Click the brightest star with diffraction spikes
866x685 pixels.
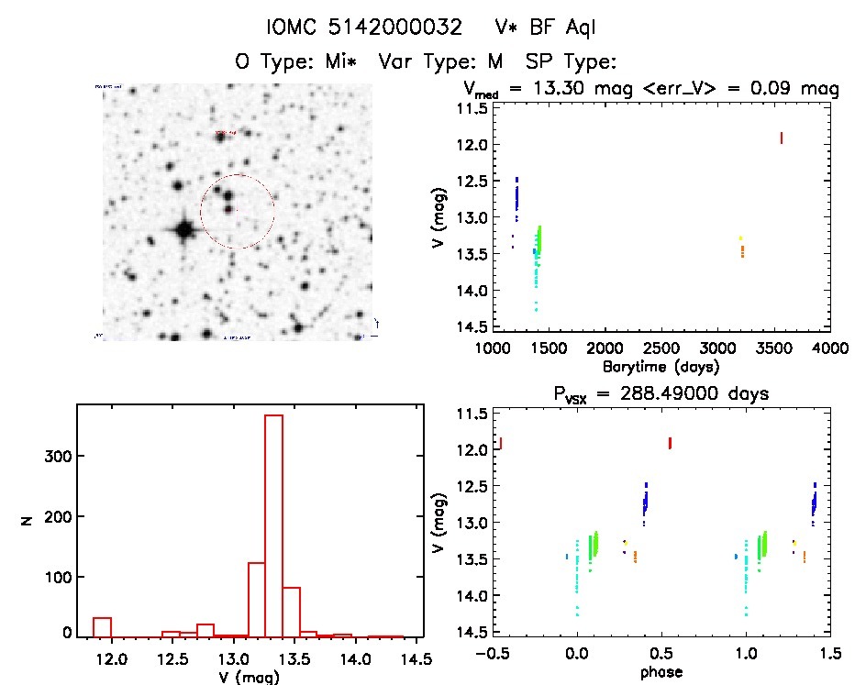(x=183, y=228)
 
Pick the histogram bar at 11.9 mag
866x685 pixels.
(x=102, y=627)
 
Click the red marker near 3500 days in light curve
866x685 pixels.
(x=781, y=138)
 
